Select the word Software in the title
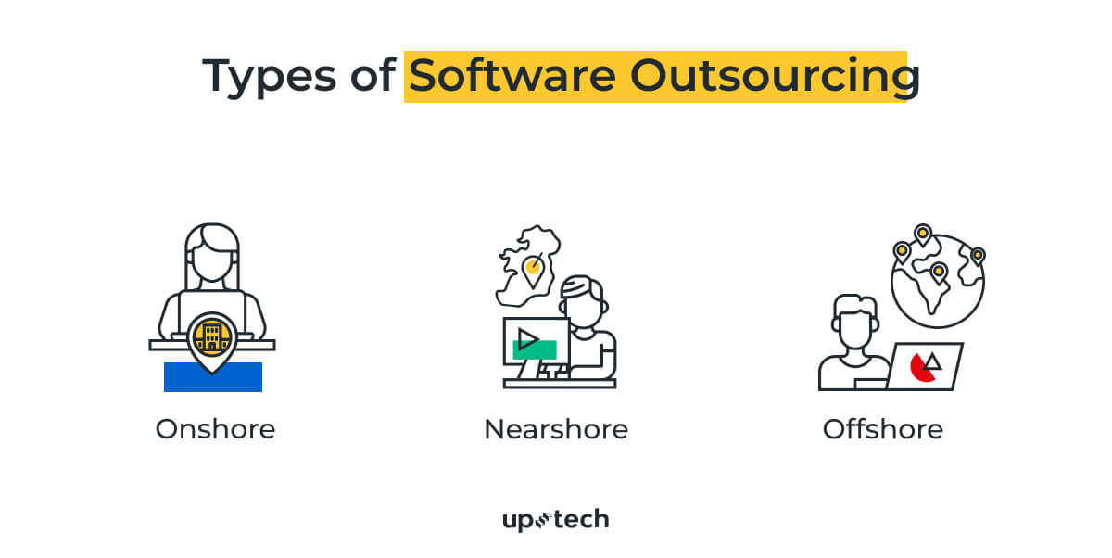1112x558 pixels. coord(512,76)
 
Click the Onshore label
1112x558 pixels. coord(215,429)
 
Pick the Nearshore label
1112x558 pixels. coord(556,429)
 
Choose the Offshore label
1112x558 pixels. coord(882,429)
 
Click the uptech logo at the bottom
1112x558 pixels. coord(556,519)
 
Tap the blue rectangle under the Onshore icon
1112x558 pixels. coord(213,378)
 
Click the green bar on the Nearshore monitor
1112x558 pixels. coord(535,349)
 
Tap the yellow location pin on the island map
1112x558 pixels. coord(532,270)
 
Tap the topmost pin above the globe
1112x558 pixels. coord(922,234)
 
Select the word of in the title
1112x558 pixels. coord(371,76)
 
